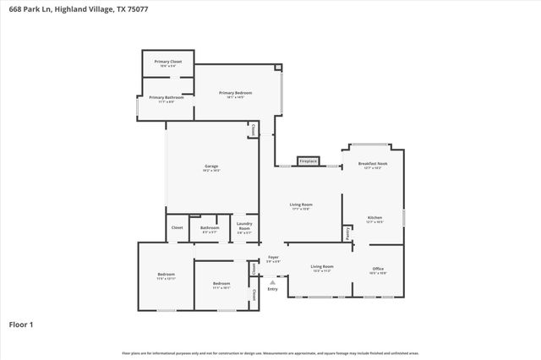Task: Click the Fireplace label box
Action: click(x=308, y=161)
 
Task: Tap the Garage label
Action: click(x=211, y=166)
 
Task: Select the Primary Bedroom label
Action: click(x=235, y=93)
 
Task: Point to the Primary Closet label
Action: click(x=168, y=62)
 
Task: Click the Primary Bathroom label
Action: click(x=167, y=97)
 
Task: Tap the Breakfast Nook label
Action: click(x=373, y=164)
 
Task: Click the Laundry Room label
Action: click(x=244, y=226)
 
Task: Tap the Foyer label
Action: click(x=273, y=257)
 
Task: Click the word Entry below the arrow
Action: click(x=272, y=290)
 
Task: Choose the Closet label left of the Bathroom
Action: click(x=178, y=227)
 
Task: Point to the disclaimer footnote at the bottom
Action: click(x=270, y=352)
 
